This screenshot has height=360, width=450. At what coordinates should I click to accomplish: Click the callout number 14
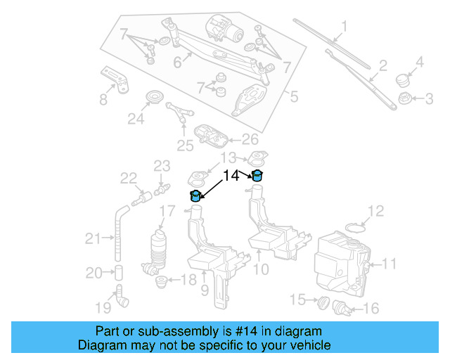(231, 176)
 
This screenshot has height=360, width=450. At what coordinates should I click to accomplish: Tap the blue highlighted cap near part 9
(196, 196)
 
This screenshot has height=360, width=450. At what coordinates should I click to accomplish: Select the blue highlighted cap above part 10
(258, 175)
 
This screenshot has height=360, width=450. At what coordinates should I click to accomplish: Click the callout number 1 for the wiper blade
(345, 27)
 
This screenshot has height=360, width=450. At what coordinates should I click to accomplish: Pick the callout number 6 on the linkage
(177, 63)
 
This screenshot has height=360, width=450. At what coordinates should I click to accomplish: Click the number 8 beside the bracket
(103, 99)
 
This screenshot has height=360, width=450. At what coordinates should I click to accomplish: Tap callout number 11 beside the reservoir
(389, 264)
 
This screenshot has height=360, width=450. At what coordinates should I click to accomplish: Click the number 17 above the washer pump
(167, 210)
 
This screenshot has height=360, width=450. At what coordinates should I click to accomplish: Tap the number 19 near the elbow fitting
(103, 307)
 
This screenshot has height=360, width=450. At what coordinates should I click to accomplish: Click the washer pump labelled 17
(160, 250)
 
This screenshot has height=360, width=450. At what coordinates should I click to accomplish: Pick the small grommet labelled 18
(162, 282)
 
